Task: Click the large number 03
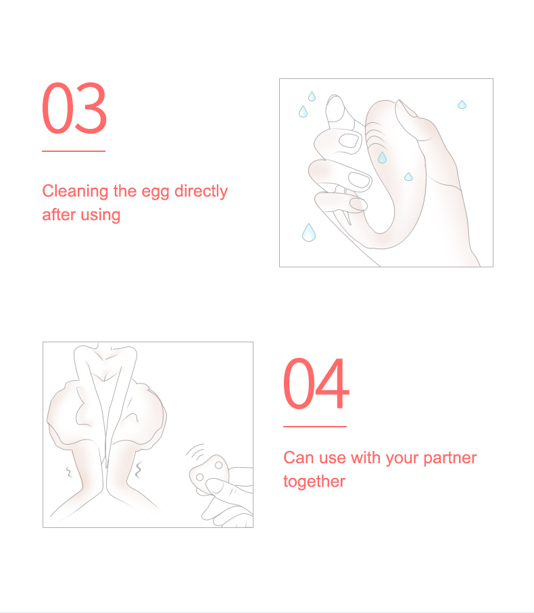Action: coord(74,108)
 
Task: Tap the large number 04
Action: coord(316,383)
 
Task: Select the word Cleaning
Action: coord(75,191)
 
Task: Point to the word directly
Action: coord(201,191)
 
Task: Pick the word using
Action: coord(100,215)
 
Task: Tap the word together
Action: coord(314,481)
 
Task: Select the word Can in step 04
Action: coord(299,458)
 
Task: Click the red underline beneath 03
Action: coord(74,151)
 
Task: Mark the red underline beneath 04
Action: coord(315,427)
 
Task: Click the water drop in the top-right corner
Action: coord(462,105)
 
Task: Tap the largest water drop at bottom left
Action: coord(309,232)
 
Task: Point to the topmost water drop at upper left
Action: coord(312,96)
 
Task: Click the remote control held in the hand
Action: coord(208,474)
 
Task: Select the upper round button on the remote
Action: coord(218,465)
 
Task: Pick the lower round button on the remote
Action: coord(199,477)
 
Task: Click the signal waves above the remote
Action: coord(195,452)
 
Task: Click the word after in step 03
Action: coord(59,215)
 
